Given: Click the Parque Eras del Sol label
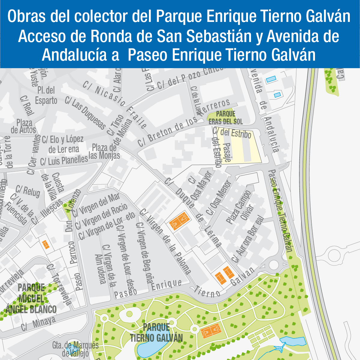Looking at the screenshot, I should click(226, 118).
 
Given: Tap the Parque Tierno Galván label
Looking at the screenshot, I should click(156, 333).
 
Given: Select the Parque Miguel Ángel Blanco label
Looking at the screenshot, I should click(31, 298).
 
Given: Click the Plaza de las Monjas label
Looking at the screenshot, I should click(104, 152).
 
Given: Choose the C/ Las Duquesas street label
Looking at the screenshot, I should click(86, 113).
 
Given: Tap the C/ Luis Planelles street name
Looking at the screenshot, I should click(64, 160).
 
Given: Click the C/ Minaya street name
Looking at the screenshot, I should click(38, 324).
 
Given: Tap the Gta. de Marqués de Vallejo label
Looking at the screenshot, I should click(75, 349).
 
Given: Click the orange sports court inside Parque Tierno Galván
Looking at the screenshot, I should click(211, 332).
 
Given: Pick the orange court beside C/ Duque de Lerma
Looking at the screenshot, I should click(179, 221).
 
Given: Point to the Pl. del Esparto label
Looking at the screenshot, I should click(46, 95).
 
